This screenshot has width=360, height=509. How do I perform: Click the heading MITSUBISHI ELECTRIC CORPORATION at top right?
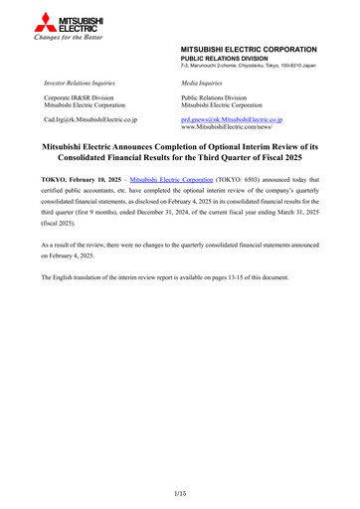[249, 49]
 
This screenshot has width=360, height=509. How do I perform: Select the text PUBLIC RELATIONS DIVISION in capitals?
[225, 58]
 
